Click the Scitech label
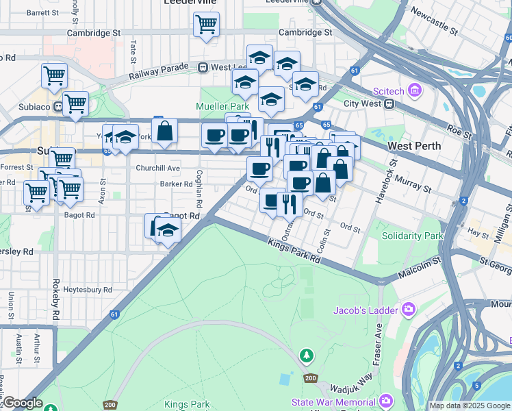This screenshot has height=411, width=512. (389, 91)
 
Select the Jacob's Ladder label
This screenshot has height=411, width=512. (366, 310)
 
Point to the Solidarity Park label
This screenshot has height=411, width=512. (413, 236)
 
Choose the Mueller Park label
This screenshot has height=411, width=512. (222, 107)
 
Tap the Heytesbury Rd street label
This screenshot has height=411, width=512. (88, 290)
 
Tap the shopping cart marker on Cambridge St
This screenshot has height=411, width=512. (206, 25)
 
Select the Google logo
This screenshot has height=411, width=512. (22, 403)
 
